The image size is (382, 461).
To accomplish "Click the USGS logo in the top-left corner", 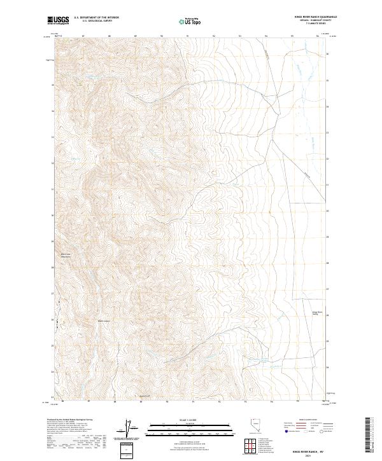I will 58,21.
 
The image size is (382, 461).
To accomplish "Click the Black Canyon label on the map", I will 104,320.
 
